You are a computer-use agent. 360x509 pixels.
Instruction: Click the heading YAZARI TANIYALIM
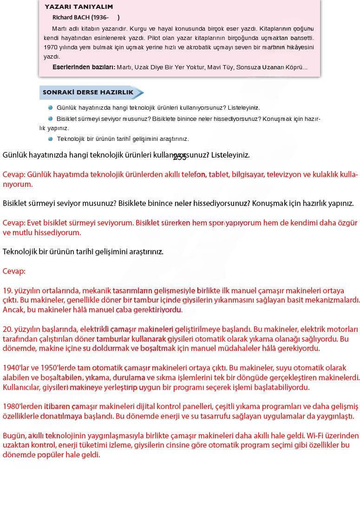point(79,7)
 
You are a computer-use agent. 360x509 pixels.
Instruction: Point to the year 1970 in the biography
point(51,47)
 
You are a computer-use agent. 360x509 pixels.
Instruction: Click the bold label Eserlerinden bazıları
point(83,67)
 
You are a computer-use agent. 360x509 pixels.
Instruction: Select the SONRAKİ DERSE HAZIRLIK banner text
point(88,93)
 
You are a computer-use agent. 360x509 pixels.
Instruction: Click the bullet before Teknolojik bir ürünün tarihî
point(50,139)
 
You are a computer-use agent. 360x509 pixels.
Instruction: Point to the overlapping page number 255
point(179,157)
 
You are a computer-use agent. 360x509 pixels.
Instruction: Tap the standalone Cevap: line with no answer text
point(14,271)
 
